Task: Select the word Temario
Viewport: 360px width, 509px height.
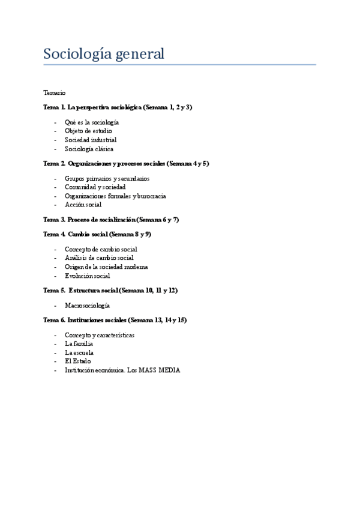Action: [55, 92]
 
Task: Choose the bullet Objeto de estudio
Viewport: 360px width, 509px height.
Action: [88, 131]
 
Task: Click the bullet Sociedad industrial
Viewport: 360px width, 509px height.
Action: [91, 140]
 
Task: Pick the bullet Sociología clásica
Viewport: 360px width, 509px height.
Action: [89, 149]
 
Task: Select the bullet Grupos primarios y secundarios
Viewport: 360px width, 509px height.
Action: [107, 178]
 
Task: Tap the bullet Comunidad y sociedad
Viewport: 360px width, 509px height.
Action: [95, 187]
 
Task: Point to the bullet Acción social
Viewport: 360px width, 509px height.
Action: [83, 205]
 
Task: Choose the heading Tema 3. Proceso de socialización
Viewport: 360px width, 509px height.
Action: [89, 220]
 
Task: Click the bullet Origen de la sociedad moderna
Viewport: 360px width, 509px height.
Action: [106, 267]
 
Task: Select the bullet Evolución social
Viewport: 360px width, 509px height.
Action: [87, 276]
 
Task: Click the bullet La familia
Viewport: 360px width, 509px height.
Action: [79, 344]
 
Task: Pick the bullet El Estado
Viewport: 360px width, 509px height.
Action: [78, 361]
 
